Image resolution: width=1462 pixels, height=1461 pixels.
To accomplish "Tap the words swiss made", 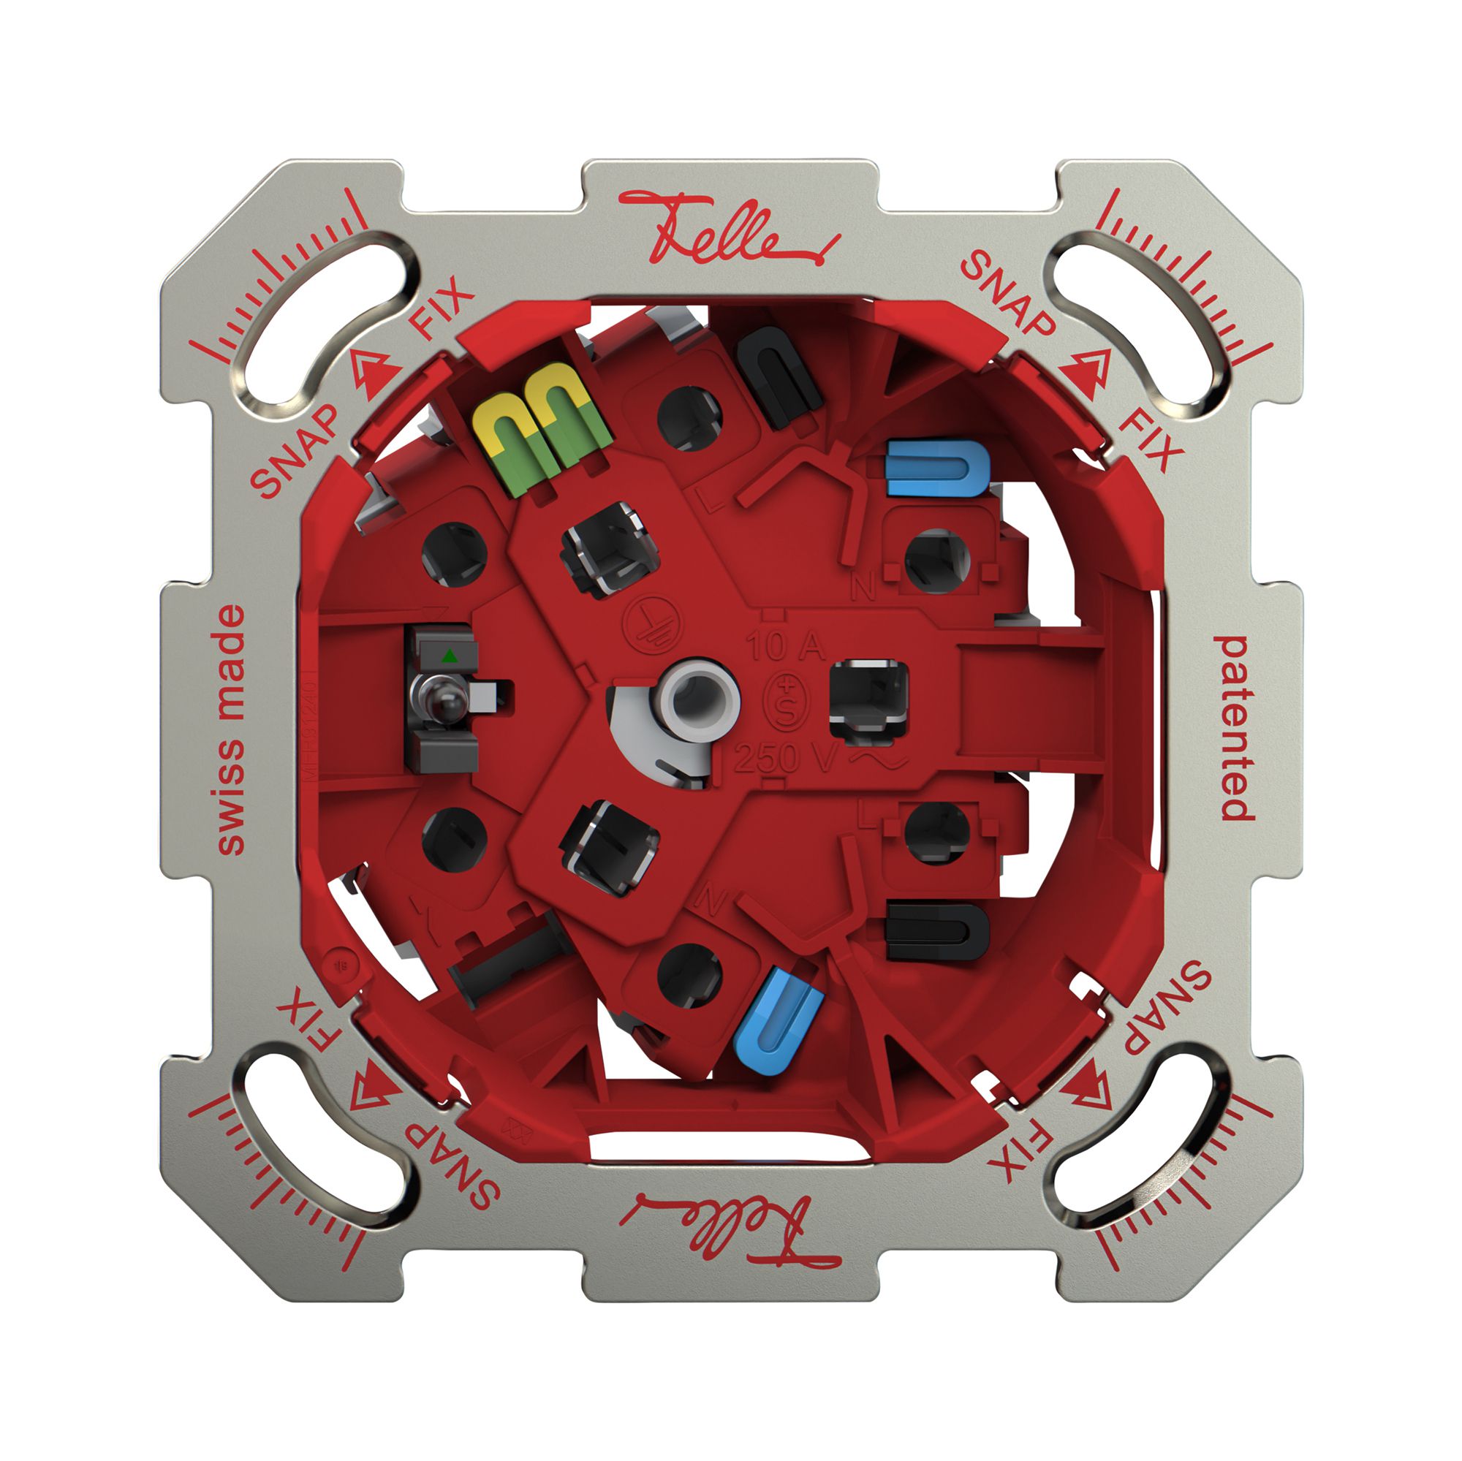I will [231, 730].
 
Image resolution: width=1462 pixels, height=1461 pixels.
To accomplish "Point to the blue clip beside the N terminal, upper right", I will [937, 469].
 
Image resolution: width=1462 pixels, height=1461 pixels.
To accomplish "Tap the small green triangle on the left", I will [450, 655].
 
